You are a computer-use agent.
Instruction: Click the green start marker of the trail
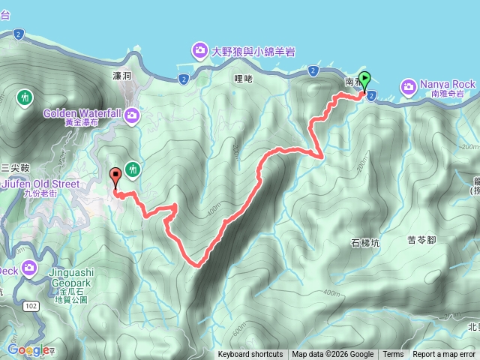tap(365, 78)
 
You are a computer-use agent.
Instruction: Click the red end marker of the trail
tap(115, 177)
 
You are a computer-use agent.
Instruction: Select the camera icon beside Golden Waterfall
tap(132, 115)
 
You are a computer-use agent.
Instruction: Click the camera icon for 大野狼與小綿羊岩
tap(200, 50)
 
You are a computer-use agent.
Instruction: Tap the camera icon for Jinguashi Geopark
tap(30, 268)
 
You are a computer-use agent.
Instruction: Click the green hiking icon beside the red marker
tap(133, 169)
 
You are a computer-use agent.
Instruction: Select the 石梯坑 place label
tap(365, 242)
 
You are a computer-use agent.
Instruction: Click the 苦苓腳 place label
tap(421, 240)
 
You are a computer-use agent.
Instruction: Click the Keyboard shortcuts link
tap(250, 355)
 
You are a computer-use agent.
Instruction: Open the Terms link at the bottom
tap(393, 355)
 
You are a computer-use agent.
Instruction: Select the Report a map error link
tap(444, 355)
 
